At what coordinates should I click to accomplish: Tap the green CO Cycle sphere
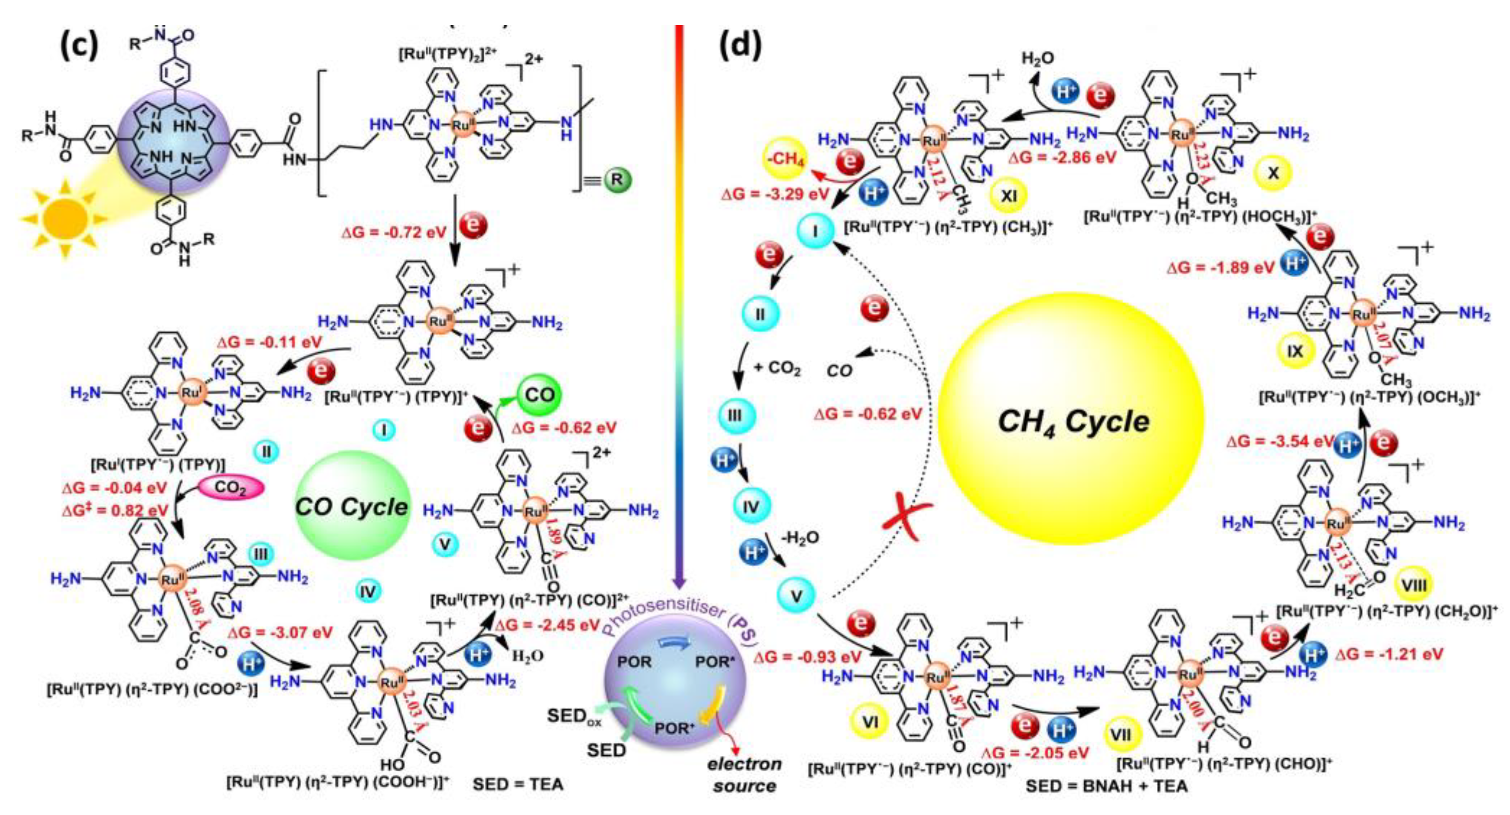[x=352, y=506]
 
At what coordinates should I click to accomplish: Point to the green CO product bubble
[x=539, y=395]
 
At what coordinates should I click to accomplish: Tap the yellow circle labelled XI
[x=1008, y=195]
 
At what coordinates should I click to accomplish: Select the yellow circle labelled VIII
[x=1412, y=584]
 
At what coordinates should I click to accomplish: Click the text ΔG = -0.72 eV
[x=391, y=232]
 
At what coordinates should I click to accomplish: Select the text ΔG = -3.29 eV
[x=775, y=194]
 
